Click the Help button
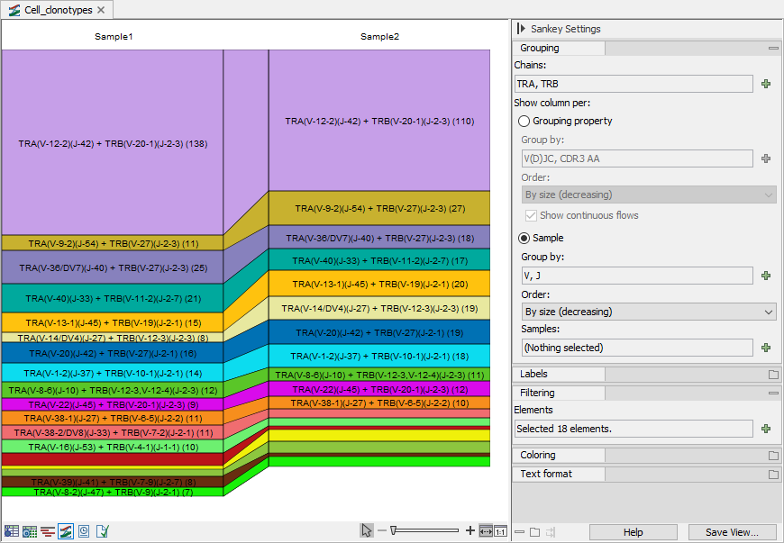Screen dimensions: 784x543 (x=633, y=532)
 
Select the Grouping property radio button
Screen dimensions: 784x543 (x=524, y=121)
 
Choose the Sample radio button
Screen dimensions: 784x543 (x=524, y=239)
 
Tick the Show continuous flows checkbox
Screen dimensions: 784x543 (x=531, y=216)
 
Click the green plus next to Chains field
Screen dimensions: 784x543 (x=765, y=84)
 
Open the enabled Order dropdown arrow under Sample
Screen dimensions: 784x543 (x=769, y=312)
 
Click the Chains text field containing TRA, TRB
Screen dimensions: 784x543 (x=634, y=84)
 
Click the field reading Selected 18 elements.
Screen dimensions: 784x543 (x=634, y=429)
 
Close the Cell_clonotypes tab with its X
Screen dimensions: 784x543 (x=101, y=10)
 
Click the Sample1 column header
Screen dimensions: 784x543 (x=114, y=36)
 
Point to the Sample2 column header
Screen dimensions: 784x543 (x=380, y=36)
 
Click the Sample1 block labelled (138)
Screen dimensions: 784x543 (x=113, y=142)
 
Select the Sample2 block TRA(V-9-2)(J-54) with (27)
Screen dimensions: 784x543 (x=379, y=208)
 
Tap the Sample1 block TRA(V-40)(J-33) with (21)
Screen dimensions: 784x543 (x=113, y=298)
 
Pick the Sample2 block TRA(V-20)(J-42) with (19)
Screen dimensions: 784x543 (x=379, y=332)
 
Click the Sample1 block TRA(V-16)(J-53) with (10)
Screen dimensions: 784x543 (x=113, y=447)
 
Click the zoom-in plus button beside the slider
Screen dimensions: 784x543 (x=470, y=530)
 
